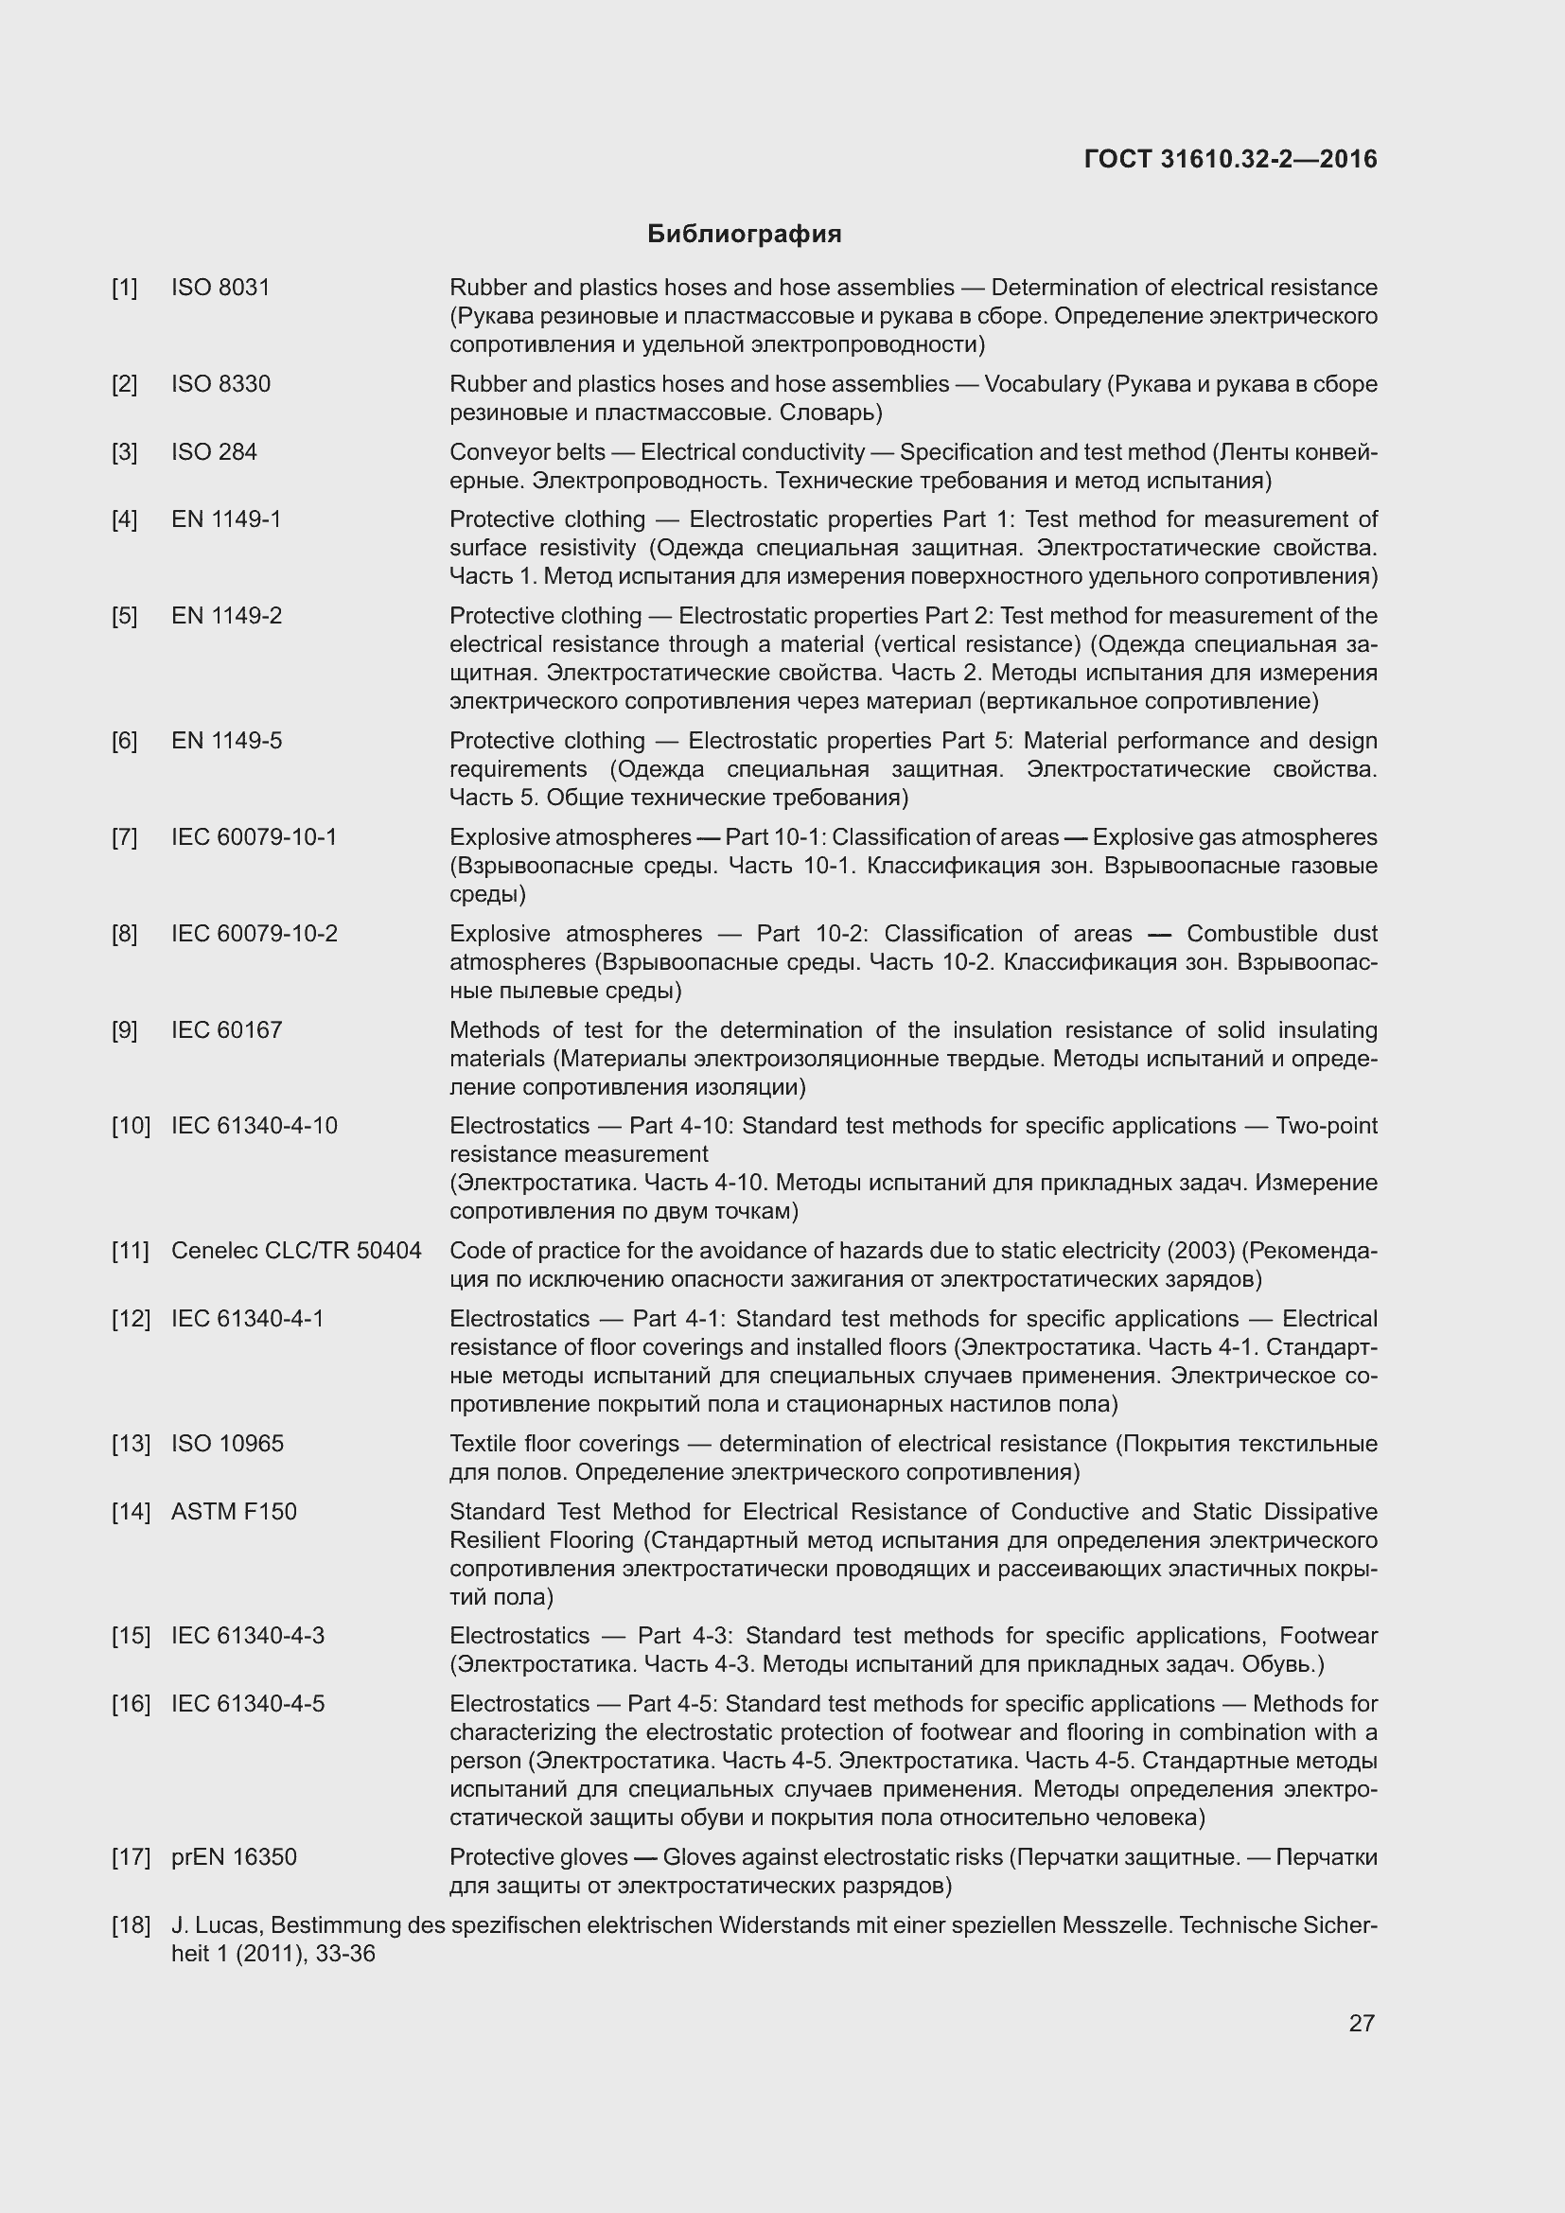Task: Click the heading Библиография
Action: coord(744,235)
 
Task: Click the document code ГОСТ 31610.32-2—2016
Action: coord(1230,159)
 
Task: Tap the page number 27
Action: coord(1361,2022)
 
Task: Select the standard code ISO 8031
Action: coord(220,288)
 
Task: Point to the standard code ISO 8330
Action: coord(220,383)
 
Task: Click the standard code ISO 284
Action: coord(214,452)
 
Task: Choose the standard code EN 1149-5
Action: coord(226,740)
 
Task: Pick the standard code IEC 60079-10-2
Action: coord(255,933)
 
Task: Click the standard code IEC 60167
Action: coord(226,1029)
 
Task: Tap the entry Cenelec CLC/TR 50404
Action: coord(296,1250)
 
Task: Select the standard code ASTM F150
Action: coord(234,1511)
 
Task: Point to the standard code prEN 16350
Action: coord(234,1856)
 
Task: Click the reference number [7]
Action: coord(124,836)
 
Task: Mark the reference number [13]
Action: coord(132,1443)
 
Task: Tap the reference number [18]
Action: coord(132,1924)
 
